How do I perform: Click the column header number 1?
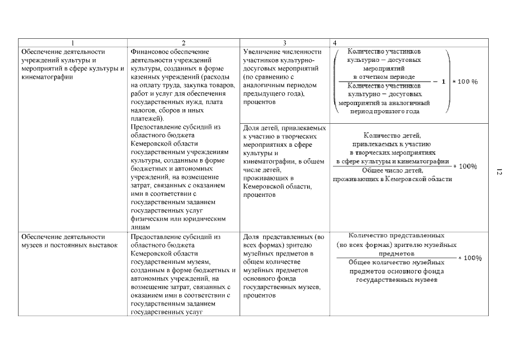tap(72, 43)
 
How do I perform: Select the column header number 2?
tap(184, 43)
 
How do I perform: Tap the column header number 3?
tap(285, 43)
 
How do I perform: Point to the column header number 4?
tap(336, 43)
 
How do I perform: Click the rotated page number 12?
tap(498, 172)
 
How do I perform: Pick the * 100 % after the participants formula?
tap(466, 82)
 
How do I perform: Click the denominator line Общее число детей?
tap(392, 170)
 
